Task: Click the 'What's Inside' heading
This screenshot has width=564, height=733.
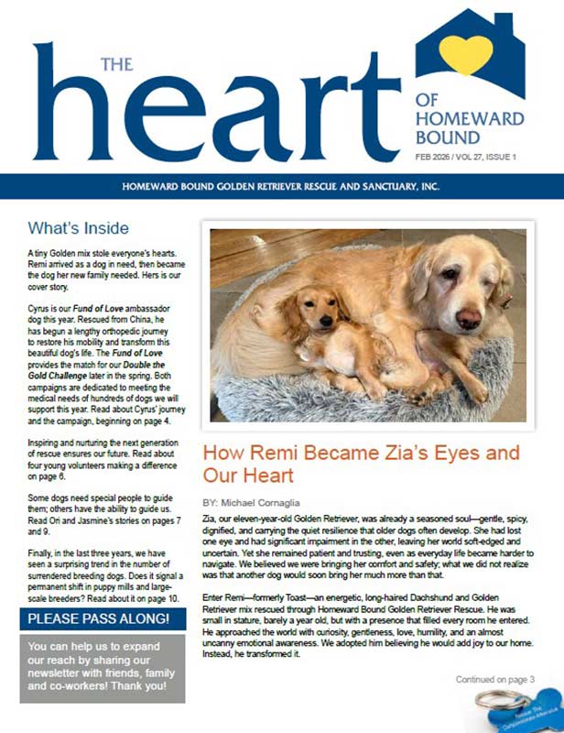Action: (78, 228)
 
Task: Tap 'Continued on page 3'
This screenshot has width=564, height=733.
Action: (494, 679)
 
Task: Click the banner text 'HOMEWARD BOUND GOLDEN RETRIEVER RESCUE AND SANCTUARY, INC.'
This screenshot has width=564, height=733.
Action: (282, 187)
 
